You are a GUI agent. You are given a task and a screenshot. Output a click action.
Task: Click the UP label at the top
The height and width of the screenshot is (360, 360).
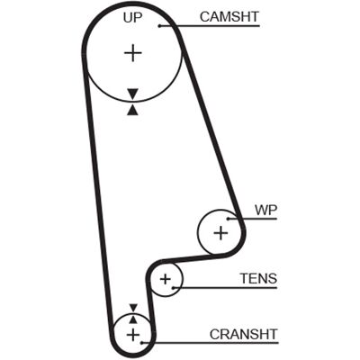click(x=132, y=18)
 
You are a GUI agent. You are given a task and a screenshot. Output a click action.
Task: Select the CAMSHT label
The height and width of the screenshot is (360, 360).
click(x=229, y=17)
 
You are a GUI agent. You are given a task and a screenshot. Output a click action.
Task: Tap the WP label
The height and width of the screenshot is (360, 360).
click(x=265, y=211)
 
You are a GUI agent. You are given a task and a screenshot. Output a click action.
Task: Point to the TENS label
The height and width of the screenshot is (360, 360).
click(x=258, y=278)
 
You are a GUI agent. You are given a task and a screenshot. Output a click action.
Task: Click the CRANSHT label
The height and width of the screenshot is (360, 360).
click(x=244, y=334)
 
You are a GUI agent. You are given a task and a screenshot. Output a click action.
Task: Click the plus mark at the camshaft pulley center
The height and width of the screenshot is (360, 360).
click(x=133, y=53)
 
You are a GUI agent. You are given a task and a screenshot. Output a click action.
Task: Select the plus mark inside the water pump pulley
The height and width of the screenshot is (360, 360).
click(x=220, y=233)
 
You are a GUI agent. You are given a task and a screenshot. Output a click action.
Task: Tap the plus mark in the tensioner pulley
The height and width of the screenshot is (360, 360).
click(x=166, y=280)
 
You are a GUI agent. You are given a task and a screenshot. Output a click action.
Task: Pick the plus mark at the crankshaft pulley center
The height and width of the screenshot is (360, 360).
click(x=133, y=334)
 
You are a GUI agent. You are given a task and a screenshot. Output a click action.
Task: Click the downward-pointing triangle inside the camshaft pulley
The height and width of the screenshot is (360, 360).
click(x=132, y=93)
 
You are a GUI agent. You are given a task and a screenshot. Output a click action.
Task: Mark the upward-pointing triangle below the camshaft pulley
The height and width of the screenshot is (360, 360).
click(x=132, y=110)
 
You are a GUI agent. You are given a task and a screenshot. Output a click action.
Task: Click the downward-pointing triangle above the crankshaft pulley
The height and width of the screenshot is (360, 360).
click(x=133, y=308)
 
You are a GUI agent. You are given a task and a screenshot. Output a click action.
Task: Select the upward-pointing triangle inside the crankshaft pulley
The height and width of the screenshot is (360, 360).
click(x=133, y=319)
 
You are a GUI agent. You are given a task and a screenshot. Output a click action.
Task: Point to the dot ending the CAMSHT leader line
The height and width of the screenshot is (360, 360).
click(x=160, y=26)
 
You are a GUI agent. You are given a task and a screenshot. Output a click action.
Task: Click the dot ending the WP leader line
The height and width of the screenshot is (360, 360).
click(x=228, y=219)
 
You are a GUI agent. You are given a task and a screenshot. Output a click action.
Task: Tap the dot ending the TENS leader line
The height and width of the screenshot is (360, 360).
click(x=174, y=288)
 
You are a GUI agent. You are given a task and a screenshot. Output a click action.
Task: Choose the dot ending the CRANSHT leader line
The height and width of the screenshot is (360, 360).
click(x=141, y=343)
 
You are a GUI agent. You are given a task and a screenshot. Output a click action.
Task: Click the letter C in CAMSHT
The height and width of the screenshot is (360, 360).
click(x=205, y=17)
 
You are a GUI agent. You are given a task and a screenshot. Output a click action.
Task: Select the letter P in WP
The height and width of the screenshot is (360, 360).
click(x=273, y=211)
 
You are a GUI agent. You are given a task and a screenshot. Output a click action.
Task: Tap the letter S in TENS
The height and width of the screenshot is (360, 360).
click(x=273, y=278)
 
